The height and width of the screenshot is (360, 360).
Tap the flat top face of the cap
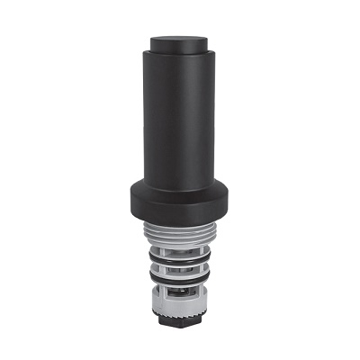click(180, 40)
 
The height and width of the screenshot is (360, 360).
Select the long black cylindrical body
click(180, 117)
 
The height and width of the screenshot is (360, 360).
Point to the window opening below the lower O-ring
click(180, 297)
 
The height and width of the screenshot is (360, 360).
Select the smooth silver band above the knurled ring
click(180, 306)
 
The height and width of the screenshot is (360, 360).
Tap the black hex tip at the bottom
click(180, 323)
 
